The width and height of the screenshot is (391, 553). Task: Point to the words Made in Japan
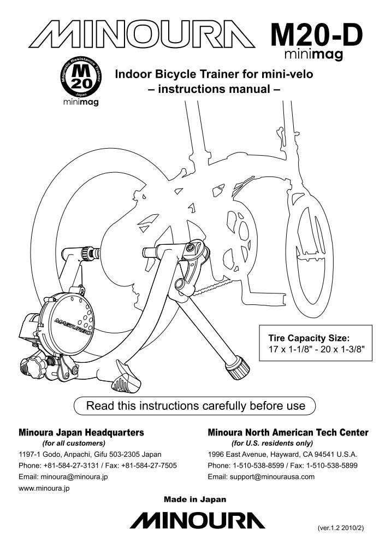click(195, 499)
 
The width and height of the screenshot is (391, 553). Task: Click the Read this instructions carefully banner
click(195, 406)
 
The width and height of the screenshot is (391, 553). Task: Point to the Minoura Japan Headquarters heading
click(81, 432)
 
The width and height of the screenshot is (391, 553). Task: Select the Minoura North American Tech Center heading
click(288, 432)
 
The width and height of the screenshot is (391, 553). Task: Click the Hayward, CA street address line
click(282, 455)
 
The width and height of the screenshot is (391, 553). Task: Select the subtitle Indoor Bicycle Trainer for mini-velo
click(213, 74)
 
